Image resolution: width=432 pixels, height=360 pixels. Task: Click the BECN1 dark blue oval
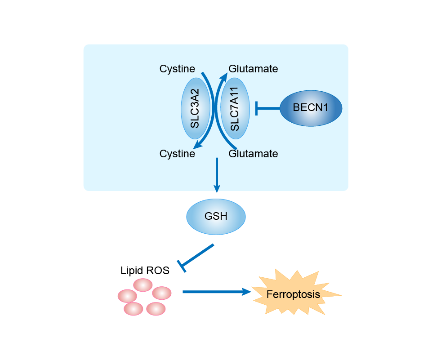click(x=311, y=108)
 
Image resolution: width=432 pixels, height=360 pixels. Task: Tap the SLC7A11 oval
click(x=235, y=109)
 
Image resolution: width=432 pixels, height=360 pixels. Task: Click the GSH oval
click(x=216, y=216)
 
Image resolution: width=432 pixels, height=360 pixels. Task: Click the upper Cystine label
click(x=177, y=69)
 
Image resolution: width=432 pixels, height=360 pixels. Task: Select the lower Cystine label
click(x=177, y=154)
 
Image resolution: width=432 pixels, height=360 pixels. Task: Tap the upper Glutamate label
click(x=253, y=69)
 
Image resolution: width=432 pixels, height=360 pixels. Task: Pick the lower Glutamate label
click(x=253, y=154)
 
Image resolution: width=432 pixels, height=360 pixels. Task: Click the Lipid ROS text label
click(x=145, y=271)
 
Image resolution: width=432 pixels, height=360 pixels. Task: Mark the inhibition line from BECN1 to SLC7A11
click(x=268, y=108)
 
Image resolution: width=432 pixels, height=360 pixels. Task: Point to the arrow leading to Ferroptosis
click(x=216, y=292)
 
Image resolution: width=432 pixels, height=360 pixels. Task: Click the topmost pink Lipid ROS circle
click(x=143, y=285)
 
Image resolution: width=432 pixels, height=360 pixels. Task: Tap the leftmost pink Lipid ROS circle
click(x=127, y=296)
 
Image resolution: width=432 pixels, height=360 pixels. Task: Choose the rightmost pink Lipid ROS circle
click(x=162, y=293)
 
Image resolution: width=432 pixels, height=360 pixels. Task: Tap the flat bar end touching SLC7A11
click(x=256, y=108)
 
